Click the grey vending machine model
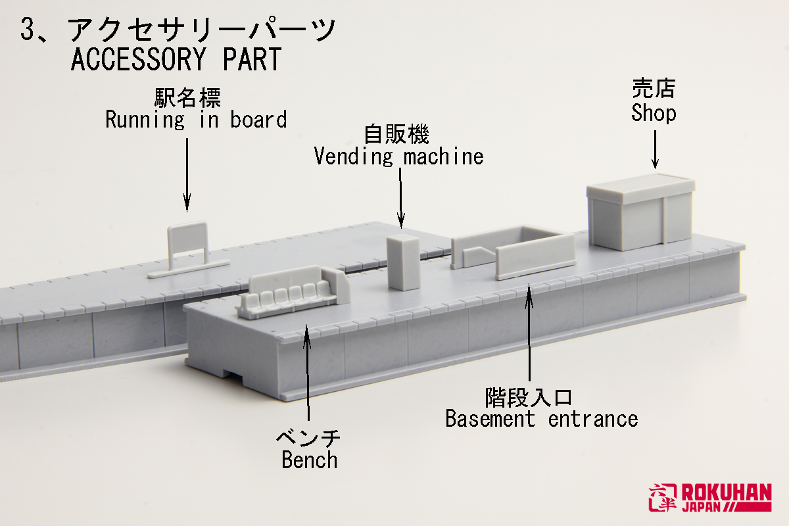[402, 261]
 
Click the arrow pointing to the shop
[656, 147]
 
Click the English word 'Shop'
[654, 113]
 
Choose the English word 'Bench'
[309, 460]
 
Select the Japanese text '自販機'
[396, 135]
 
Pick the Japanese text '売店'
[654, 89]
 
